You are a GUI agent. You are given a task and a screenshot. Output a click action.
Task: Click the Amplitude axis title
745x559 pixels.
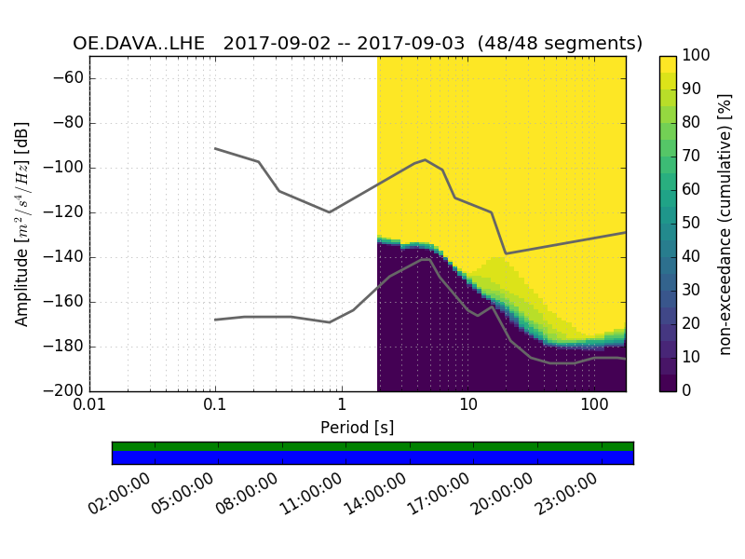coord(21,224)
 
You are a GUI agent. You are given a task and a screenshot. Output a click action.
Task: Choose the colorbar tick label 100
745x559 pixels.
coord(697,56)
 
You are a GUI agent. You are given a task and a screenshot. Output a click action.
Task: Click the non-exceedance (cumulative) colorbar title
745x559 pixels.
coord(725,224)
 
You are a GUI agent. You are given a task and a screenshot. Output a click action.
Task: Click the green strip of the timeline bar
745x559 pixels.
coord(372,446)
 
